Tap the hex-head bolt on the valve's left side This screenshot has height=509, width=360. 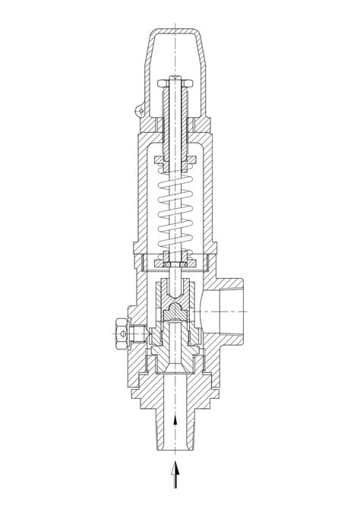click(119, 332)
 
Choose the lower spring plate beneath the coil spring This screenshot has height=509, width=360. click(176, 263)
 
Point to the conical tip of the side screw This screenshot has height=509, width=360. click(147, 332)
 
